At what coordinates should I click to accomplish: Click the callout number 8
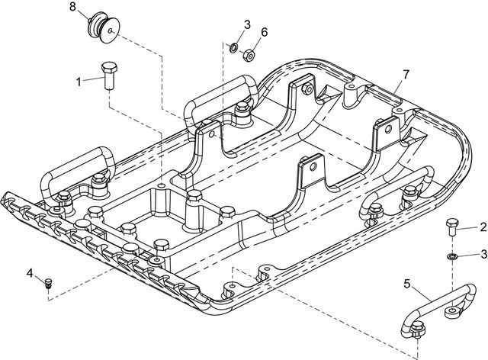pyautogui.click(x=73, y=7)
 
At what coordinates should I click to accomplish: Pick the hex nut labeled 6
pyautogui.click(x=248, y=54)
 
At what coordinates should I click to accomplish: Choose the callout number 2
pyautogui.click(x=483, y=227)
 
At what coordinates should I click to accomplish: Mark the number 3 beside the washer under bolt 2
pyautogui.click(x=483, y=253)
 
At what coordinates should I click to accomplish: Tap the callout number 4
pyautogui.click(x=30, y=272)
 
